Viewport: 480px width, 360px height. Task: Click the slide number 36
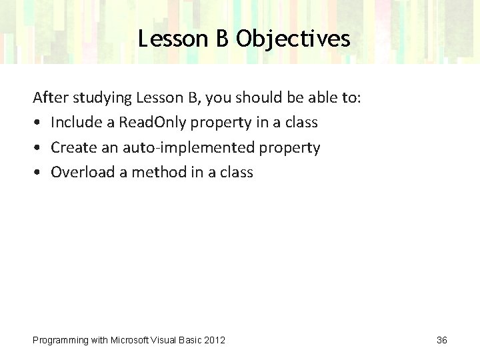[441, 341]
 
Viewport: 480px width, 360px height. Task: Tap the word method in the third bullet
[153, 172]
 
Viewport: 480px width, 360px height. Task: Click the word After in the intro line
[47, 98]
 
